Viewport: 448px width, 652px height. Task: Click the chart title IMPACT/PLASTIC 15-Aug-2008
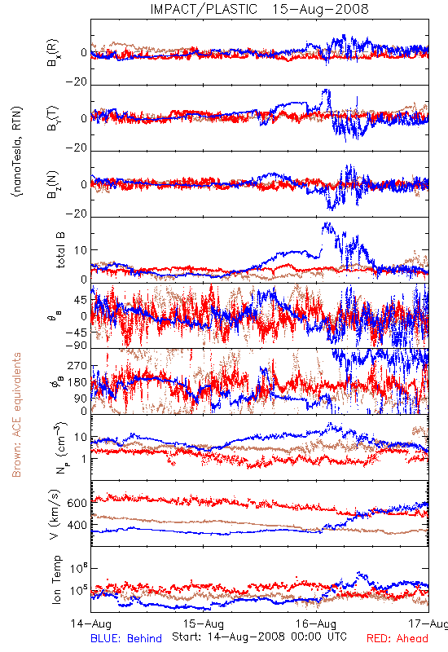coord(259,9)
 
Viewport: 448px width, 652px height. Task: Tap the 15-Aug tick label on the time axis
coord(204,623)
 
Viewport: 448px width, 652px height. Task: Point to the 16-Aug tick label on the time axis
coord(316,623)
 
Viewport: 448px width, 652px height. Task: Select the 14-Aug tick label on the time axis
coord(91,623)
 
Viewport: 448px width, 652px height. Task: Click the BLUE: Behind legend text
coord(126,638)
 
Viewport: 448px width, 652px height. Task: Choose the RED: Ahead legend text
coord(397,638)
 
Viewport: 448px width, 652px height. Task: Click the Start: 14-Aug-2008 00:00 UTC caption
coord(259,637)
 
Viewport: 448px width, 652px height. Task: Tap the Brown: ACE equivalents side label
coord(16,415)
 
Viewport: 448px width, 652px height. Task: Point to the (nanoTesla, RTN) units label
coord(17,152)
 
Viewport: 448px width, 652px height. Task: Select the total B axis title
coord(60,250)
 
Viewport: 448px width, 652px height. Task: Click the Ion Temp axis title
coord(56,579)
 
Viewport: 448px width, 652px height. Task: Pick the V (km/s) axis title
coord(55,514)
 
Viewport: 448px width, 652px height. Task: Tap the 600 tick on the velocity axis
coord(77,503)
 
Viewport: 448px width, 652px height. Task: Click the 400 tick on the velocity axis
coord(77,525)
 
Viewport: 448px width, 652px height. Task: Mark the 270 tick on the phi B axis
coord(77,366)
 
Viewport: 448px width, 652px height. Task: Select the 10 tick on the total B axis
coord(81,250)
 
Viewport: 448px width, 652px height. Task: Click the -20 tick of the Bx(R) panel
coord(76,82)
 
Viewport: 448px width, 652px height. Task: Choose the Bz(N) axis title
coord(53,184)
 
